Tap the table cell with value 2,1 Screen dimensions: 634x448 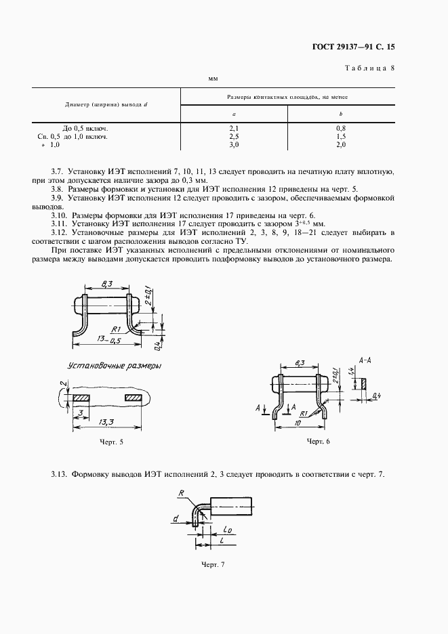[234, 127]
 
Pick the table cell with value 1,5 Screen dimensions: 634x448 [341, 136]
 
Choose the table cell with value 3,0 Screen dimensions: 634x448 [234, 145]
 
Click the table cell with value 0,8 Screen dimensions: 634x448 [341, 127]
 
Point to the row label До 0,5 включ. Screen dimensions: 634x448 [85, 127]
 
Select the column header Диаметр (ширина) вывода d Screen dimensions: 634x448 [106, 105]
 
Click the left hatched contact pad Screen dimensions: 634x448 [82, 397]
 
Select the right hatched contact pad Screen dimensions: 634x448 [133, 397]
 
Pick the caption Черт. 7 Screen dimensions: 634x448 [212, 564]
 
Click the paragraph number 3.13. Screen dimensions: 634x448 [60, 474]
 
